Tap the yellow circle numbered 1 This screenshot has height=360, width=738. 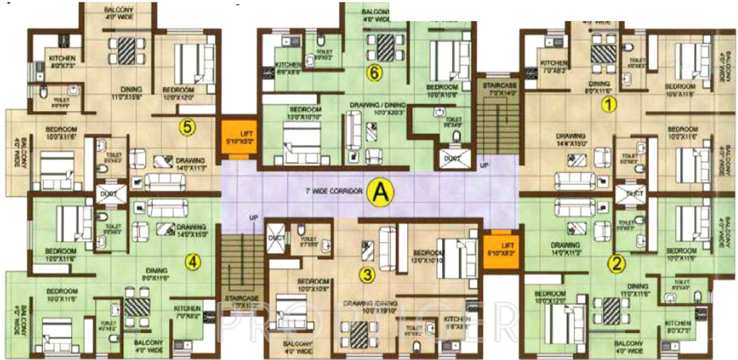click(x=609, y=104)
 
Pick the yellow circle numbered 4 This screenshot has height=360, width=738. click(x=194, y=262)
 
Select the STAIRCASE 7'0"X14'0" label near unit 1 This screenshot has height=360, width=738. click(x=497, y=88)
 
